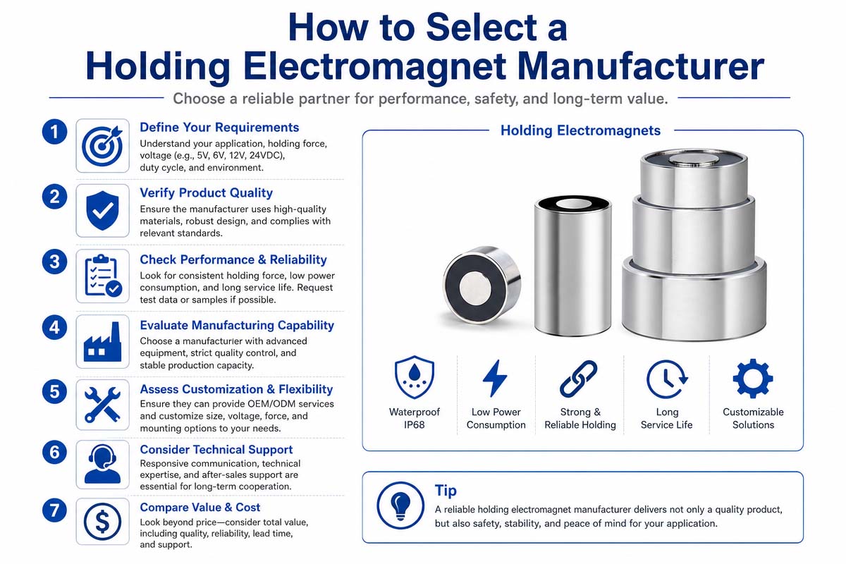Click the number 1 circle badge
pos(54,132)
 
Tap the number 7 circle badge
pos(54,510)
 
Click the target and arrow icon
pos(103,146)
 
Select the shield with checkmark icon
pos(102,210)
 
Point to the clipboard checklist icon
pos(103,276)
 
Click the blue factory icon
pos(102,341)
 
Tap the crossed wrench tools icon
pos(102,405)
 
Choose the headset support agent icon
pos(102,465)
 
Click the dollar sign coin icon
pos(102,522)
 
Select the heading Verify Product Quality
pos(206,192)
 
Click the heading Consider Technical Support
pos(216,450)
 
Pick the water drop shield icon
pos(415,377)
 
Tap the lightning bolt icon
pos(495,378)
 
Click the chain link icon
pos(578,379)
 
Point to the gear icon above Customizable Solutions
pos(753,379)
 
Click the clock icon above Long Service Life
pos(667,379)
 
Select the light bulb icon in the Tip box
pos(400,505)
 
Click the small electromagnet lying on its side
pos(482,285)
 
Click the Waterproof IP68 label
pos(415,418)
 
